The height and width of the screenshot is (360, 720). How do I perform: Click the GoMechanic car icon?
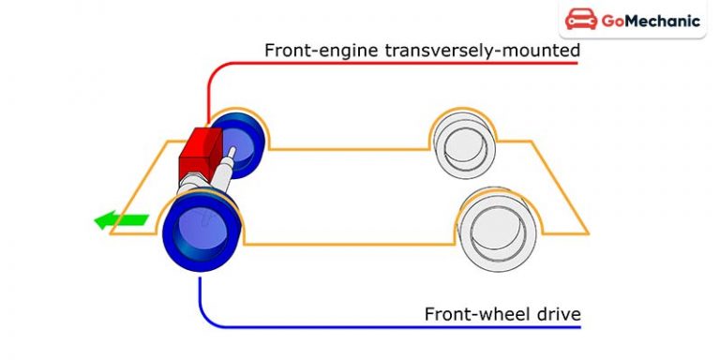tap(582, 22)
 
